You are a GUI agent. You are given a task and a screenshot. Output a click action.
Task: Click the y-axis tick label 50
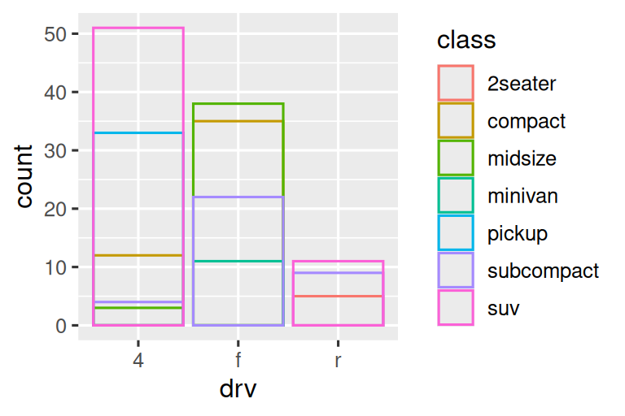coord(55,34)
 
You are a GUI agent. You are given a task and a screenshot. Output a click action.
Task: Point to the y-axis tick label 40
coord(55,93)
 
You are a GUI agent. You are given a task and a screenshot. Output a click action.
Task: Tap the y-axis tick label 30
coord(55,151)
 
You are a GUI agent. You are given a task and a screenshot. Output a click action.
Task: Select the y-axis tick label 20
coord(55,209)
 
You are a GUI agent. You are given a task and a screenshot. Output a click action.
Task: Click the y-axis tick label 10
coord(55,267)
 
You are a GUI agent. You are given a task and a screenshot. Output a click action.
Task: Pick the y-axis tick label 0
coord(61,326)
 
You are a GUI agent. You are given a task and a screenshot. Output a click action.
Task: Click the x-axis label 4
coord(138,360)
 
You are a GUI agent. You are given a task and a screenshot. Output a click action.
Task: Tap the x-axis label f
coord(238,360)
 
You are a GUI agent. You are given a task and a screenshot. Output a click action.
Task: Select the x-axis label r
coord(338,360)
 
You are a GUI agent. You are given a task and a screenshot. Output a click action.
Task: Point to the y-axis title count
coord(24,176)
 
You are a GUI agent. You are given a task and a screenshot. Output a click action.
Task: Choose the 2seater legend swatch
coord(456,83)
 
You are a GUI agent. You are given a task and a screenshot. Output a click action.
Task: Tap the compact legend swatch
coord(456,120)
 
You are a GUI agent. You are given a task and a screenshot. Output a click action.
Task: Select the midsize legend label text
coord(522,158)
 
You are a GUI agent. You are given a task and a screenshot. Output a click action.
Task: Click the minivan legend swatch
coord(456,196)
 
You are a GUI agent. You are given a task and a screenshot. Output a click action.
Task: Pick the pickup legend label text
coord(517,234)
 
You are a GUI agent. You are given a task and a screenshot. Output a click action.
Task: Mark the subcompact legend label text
coord(543,271)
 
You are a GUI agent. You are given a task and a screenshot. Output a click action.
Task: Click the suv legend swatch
coord(456,309)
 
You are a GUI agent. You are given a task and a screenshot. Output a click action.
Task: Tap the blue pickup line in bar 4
coord(138,132)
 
